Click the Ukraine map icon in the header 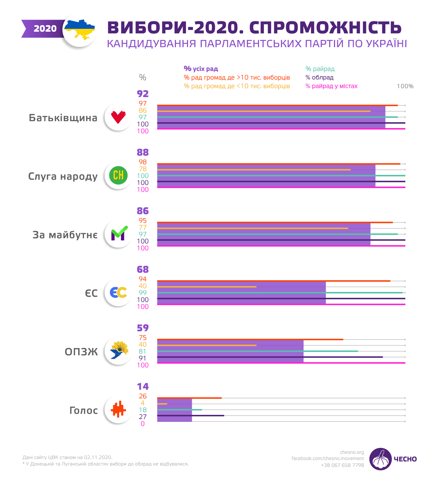pyautogui.click(x=80, y=30)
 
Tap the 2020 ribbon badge pyautogui.click(x=44, y=29)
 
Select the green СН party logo pyautogui.click(x=118, y=176)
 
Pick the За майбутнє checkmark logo pyautogui.click(x=118, y=234)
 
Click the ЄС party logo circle pyautogui.click(x=118, y=293)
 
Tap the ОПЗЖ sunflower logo pyautogui.click(x=118, y=351)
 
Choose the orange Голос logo pyautogui.click(x=118, y=410)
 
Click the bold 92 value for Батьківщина pyautogui.click(x=143, y=94)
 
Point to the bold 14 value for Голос pyautogui.click(x=143, y=386)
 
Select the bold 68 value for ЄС pyautogui.click(x=143, y=269)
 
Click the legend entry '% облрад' pyautogui.click(x=319, y=77)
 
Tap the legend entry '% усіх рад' pyautogui.click(x=201, y=69)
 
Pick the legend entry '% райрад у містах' pyautogui.click(x=331, y=86)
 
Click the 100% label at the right pyautogui.click(x=405, y=86)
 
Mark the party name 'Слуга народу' pyautogui.click(x=63, y=176)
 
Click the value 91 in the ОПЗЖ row pyautogui.click(x=143, y=358)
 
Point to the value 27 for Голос pyautogui.click(x=143, y=417)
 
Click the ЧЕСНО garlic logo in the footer pyautogui.click(x=381, y=459)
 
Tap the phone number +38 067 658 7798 pyautogui.click(x=342, y=465)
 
